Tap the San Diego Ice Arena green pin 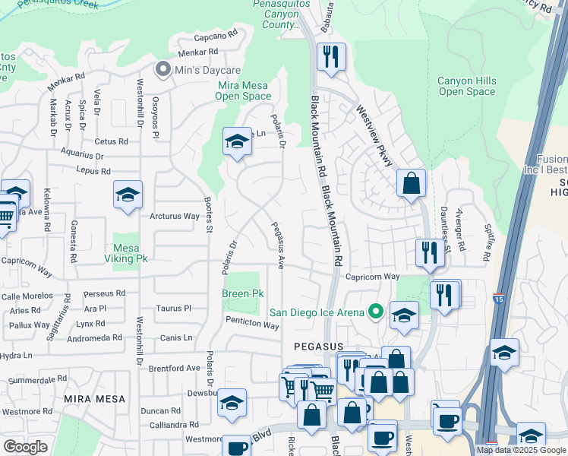374,312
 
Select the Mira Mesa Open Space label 244,91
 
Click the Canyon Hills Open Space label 466,87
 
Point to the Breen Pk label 243,293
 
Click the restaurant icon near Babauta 331,57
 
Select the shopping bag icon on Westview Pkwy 411,183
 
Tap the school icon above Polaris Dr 237,141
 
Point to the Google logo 25,447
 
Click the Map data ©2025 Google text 521,450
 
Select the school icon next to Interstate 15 504,353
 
